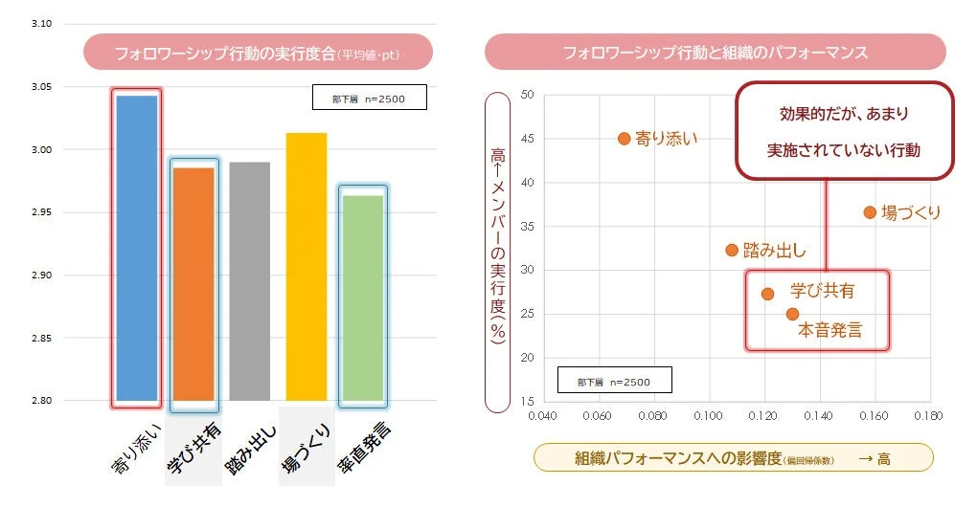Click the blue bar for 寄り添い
coord(136,249)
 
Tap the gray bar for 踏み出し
coord(249,281)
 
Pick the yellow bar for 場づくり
coord(306,267)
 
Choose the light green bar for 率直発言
coord(362,298)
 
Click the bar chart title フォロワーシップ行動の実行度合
coord(257,53)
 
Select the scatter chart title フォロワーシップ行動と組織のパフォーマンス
coord(715,52)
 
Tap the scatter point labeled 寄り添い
coord(625,139)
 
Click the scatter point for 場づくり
coord(870,212)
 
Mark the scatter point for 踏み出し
coord(732,251)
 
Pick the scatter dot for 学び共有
coord(767,294)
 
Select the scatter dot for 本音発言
coord(792,314)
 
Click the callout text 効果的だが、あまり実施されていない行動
coord(844,132)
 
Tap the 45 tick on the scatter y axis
coord(526,139)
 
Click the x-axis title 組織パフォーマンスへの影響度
coord(732,458)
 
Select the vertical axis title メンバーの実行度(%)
coord(498,253)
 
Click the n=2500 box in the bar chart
coord(369,98)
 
